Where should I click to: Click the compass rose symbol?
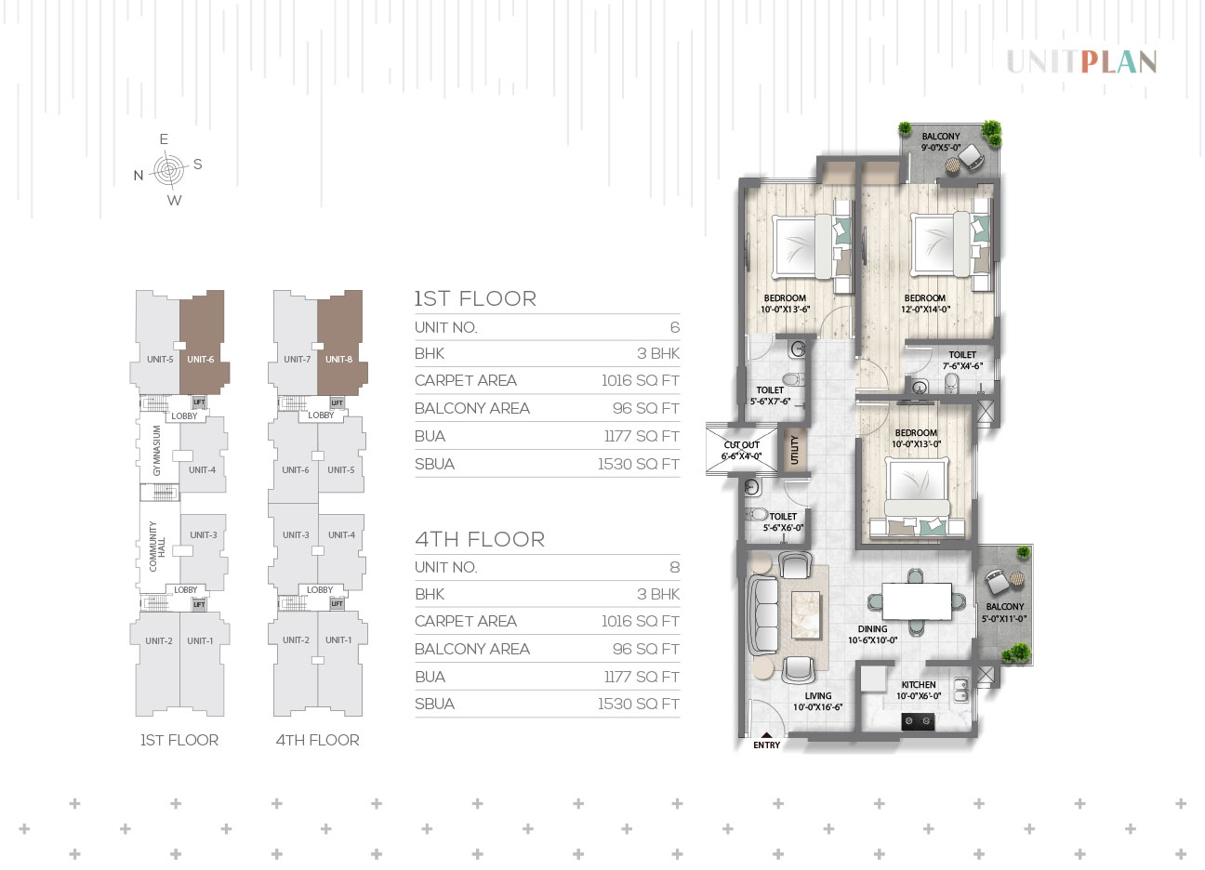point(169,170)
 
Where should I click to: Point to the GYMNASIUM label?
point(156,451)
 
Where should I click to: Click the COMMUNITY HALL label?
point(157,547)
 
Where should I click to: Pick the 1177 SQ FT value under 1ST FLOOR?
point(642,436)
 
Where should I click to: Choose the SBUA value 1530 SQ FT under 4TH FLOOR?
point(639,704)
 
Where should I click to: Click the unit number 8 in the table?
point(675,567)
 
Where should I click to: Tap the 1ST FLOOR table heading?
point(475,298)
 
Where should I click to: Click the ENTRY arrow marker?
point(766,735)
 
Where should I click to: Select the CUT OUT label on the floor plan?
point(741,445)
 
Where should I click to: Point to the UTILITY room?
point(794,450)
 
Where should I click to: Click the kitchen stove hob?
point(918,721)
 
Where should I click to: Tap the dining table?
point(917,601)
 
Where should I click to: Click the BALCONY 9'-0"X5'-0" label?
point(941,142)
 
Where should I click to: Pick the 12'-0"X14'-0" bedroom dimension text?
point(925,310)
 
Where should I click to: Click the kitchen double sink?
point(960,690)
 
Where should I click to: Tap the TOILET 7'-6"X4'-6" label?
point(962,361)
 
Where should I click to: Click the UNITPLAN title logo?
point(1081,62)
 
